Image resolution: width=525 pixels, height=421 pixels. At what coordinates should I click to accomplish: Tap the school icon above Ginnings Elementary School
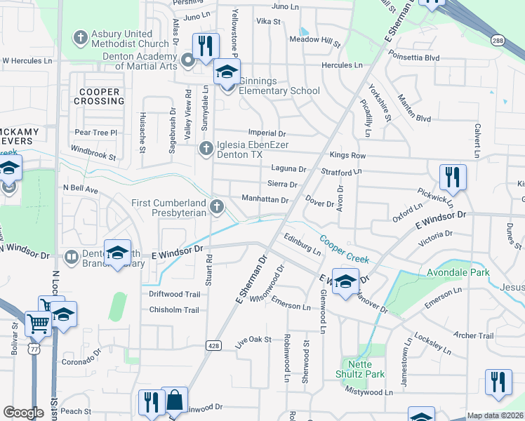pos(227,72)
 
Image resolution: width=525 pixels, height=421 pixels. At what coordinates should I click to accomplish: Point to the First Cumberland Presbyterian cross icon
pos(217,207)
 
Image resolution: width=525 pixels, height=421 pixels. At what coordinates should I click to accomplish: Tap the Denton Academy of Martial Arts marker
pos(188,61)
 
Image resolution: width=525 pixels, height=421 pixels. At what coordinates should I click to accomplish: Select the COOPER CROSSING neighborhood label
pos(100,96)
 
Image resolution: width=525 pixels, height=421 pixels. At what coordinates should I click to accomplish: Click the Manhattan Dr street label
pos(265,200)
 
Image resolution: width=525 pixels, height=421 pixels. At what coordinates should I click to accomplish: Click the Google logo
pos(23,413)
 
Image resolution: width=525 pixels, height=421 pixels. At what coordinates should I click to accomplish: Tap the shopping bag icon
pos(174,401)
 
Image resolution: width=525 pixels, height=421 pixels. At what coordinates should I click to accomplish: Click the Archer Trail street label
pos(474,336)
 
